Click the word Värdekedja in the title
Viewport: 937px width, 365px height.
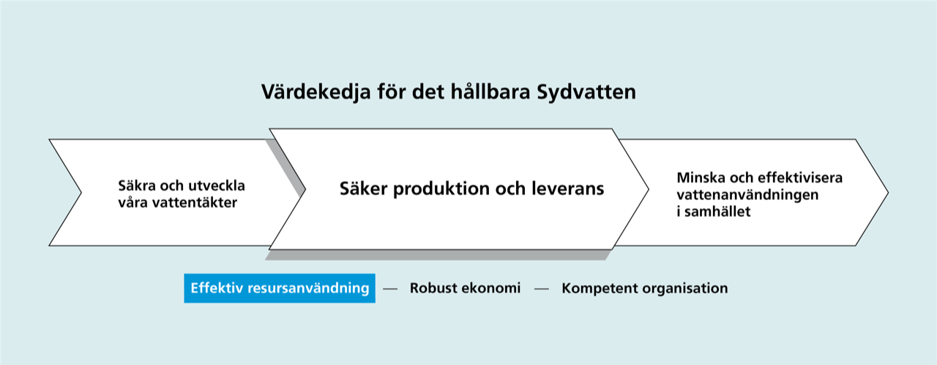[316, 92]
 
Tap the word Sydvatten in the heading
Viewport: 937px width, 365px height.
[586, 92]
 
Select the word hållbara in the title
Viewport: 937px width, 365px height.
[490, 91]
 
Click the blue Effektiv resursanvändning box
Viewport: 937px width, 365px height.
[280, 288]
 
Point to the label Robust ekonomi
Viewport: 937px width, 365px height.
[465, 288]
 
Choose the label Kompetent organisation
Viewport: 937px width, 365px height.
[645, 288]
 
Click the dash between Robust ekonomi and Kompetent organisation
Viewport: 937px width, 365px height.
[541, 289]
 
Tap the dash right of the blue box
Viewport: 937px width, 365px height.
[390, 289]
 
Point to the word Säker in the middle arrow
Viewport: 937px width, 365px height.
[363, 188]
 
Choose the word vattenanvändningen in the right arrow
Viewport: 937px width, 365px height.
[747, 195]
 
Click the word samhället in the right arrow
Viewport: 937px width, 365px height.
[717, 212]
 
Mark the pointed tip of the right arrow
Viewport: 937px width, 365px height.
[888, 193]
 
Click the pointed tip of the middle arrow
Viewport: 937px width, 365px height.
[649, 189]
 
